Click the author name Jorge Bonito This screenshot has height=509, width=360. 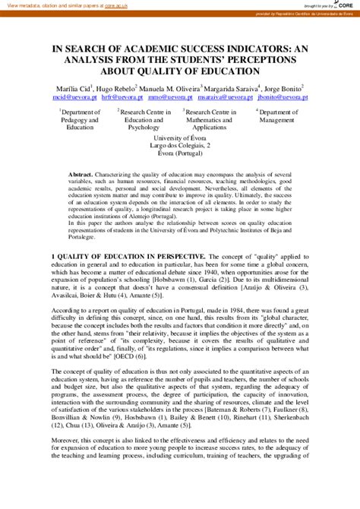point(283,88)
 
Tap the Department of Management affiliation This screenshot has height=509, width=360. point(276,115)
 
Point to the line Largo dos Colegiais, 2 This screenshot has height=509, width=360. point(180,145)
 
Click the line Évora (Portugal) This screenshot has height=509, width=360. point(180,153)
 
